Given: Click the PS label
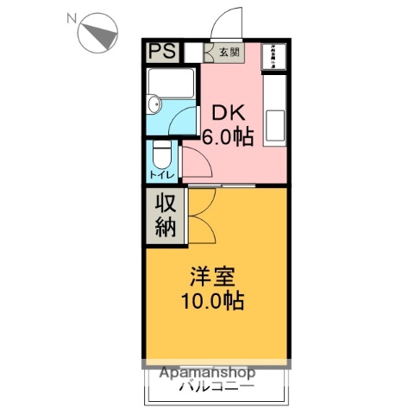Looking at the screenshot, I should (161, 52).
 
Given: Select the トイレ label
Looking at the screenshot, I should (161, 174).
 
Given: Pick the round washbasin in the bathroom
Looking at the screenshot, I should (153, 105).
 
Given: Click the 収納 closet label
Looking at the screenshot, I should (165, 215).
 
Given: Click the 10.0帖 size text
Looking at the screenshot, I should (212, 302).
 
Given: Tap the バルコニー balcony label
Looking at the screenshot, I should (216, 387).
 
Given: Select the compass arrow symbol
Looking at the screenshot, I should (97, 34).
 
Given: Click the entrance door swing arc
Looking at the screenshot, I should (226, 22).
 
